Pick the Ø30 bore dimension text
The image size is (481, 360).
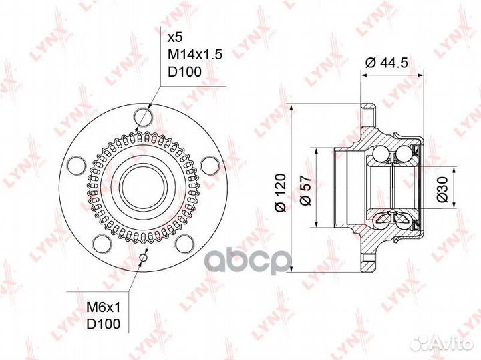click(442, 189)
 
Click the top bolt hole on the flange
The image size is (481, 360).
click(144, 119)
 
